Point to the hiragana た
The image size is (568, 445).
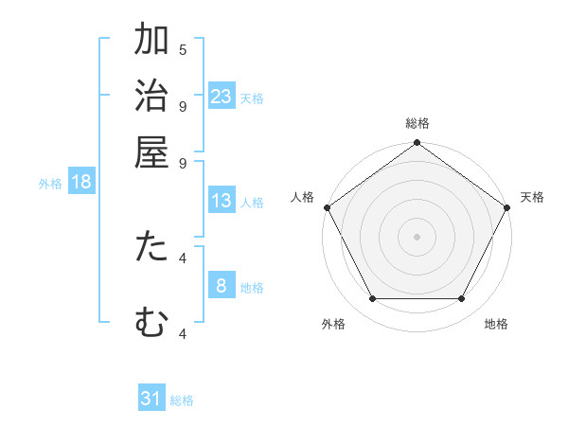(151, 247)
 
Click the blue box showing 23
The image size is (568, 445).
(222, 97)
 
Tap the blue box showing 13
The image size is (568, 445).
(222, 201)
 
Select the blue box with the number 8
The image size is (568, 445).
(222, 286)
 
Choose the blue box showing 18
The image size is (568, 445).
(81, 183)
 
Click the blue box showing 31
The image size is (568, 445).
(151, 399)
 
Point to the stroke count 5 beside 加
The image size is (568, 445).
(183, 49)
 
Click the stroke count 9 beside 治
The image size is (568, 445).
(183, 105)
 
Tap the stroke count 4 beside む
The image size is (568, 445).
(183, 332)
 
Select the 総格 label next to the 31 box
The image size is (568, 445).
(182, 400)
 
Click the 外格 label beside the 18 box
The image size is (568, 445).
(49, 184)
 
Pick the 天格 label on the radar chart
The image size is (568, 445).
(532, 197)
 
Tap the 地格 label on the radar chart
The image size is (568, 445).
(496, 324)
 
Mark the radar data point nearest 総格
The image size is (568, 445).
(417, 144)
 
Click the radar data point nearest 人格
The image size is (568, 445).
(328, 207)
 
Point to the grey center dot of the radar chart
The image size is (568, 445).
(417, 236)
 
